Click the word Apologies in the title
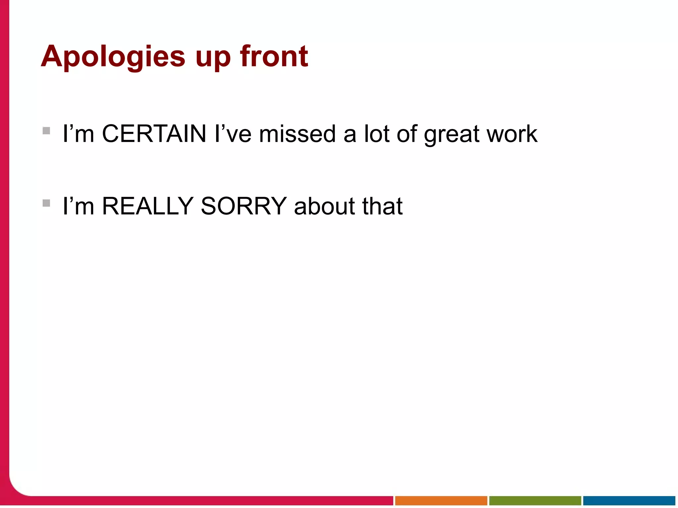point(113,57)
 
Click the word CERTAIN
point(154,134)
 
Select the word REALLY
point(148,206)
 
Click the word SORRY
point(244,206)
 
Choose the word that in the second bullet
point(382,206)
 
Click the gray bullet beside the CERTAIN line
point(46,131)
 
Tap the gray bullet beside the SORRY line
point(46,203)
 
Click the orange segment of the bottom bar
point(441,500)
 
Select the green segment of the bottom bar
point(535,500)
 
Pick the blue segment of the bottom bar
point(629,500)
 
